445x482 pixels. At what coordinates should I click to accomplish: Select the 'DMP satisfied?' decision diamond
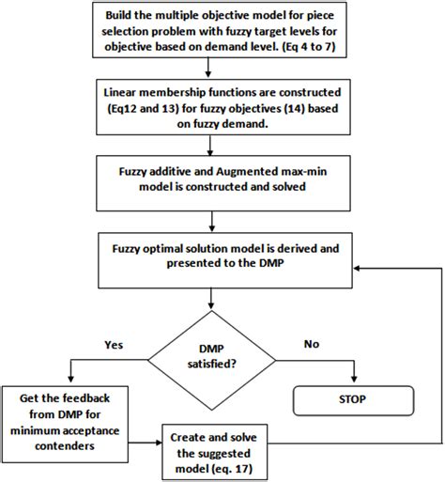[x=217, y=357]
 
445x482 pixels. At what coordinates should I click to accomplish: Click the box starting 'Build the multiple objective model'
[x=215, y=34]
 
